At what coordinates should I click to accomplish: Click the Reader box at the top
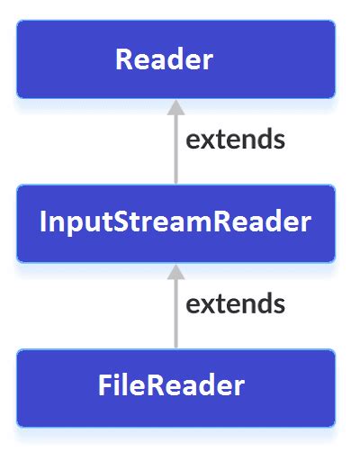coord(175,59)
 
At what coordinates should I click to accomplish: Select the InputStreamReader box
coord(175,222)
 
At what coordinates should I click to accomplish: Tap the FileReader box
coord(175,386)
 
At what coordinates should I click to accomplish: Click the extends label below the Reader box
coord(235,140)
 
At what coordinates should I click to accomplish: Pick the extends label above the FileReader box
coord(235,304)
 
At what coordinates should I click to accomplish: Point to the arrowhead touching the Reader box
coord(175,107)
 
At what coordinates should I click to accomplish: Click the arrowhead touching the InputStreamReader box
coord(175,271)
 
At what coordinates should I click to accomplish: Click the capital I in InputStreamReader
coord(44,222)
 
